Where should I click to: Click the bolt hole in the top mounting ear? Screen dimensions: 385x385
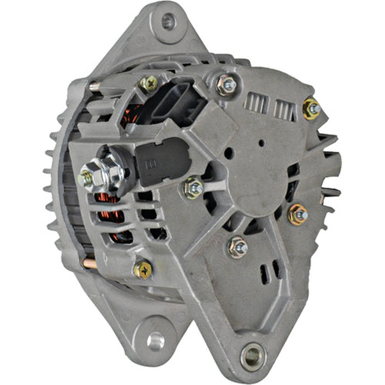(x=168, y=21)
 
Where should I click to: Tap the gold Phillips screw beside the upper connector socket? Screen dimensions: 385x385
(x=149, y=84)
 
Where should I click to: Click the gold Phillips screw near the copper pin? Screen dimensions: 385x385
(x=142, y=268)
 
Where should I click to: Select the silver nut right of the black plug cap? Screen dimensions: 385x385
(x=193, y=186)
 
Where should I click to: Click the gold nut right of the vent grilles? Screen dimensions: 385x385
(x=312, y=109)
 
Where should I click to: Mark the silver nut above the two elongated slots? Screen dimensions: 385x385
(x=238, y=246)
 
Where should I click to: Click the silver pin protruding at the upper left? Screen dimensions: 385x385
(x=95, y=87)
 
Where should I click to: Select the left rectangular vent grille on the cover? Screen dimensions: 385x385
(x=255, y=104)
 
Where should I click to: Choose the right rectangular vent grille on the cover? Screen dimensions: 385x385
(x=283, y=110)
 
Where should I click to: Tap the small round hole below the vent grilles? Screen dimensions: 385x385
(x=261, y=141)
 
